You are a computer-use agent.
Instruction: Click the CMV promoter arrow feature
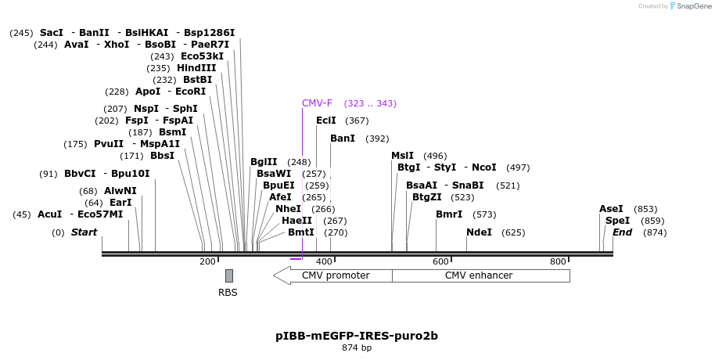click(332, 275)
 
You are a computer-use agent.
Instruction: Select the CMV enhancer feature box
click(480, 275)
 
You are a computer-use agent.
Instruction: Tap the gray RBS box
click(229, 275)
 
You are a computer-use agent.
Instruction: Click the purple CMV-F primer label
click(317, 103)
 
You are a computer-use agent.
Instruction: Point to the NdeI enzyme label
click(479, 232)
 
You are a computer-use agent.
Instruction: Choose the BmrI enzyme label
click(449, 214)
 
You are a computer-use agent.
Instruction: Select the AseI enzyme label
click(611, 209)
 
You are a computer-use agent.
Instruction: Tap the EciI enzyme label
click(325, 121)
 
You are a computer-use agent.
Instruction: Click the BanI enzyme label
click(343, 139)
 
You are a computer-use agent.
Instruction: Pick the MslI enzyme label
click(402, 156)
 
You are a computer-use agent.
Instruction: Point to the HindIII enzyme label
click(196, 68)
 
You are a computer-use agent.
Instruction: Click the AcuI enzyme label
click(49, 214)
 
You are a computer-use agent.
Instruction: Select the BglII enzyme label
click(264, 162)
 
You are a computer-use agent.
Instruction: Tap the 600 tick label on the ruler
click(440, 261)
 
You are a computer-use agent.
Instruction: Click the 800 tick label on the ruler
click(558, 261)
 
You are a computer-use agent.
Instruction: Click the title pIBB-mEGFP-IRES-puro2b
click(357, 336)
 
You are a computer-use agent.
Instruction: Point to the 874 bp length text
click(357, 347)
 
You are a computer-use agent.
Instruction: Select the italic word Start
click(84, 232)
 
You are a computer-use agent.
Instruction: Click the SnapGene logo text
click(690, 6)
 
